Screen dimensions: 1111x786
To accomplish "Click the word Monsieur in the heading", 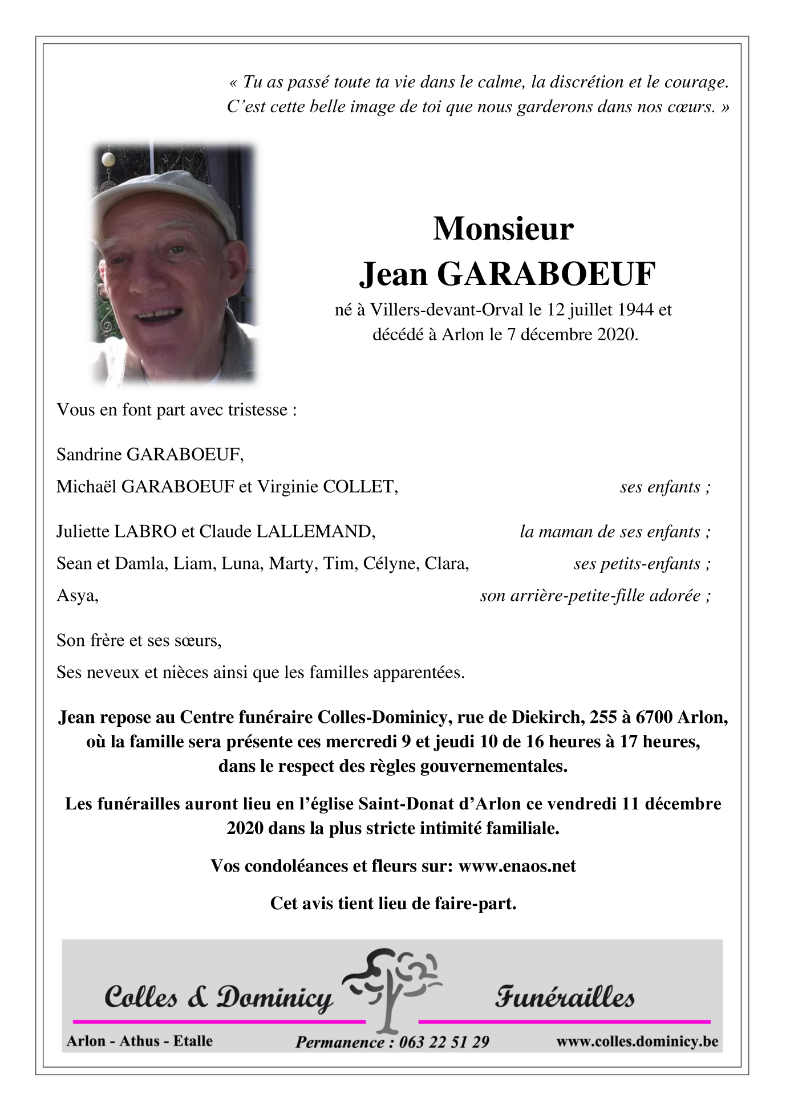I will [x=503, y=229].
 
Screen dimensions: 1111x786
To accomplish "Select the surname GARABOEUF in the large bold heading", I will [x=546, y=274].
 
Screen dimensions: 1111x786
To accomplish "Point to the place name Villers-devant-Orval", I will [x=447, y=310].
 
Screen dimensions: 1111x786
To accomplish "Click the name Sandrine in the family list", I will [x=89, y=454].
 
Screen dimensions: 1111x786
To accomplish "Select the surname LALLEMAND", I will [x=315, y=531].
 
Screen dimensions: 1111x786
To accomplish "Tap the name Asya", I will [x=77, y=596].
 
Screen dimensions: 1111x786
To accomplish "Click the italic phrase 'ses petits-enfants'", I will [x=638, y=564].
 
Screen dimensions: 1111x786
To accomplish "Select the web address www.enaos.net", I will [x=517, y=866].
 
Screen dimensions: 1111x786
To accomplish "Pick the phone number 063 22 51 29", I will [x=444, y=1042].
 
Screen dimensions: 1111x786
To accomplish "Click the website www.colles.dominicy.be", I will [x=637, y=1041].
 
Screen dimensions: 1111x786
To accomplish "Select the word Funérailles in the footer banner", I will [x=565, y=998].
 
